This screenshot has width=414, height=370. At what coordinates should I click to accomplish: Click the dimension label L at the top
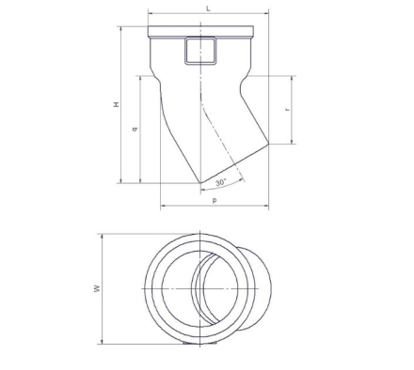pyautogui.click(x=208, y=8)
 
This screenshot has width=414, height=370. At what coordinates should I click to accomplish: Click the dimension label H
pyautogui.click(x=117, y=104)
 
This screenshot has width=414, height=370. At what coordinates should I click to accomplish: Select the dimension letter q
pyautogui.click(x=135, y=129)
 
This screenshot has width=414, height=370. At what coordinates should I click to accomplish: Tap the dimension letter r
pyautogui.click(x=287, y=110)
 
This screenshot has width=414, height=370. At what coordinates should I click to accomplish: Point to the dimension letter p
pyautogui.click(x=215, y=200)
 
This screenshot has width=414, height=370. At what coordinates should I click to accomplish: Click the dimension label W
pyautogui.click(x=98, y=288)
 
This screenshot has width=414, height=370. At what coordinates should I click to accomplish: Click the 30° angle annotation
pyautogui.click(x=221, y=182)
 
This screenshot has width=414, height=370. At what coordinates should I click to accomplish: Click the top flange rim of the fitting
pyautogui.click(x=200, y=31)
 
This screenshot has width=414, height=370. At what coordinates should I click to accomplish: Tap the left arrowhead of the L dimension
pyautogui.click(x=151, y=13)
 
